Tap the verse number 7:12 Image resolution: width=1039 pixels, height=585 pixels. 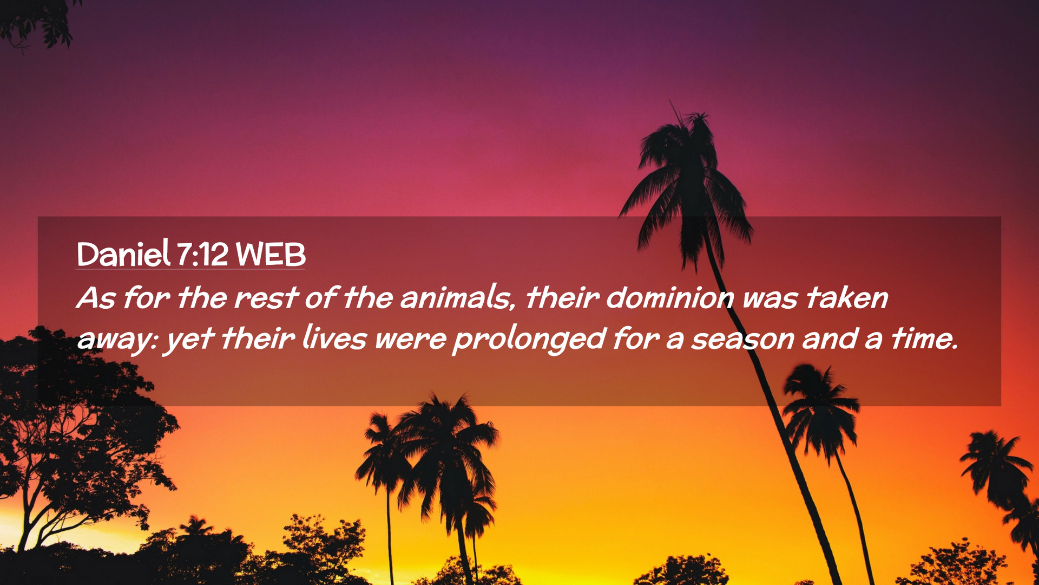202,254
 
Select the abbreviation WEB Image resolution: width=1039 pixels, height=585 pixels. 271,254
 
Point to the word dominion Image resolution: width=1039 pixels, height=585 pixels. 670,297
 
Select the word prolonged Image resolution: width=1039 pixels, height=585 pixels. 529,340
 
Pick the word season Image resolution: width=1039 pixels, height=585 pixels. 742,340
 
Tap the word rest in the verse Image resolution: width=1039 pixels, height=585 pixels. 266,297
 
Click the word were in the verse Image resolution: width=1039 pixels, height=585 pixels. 410,340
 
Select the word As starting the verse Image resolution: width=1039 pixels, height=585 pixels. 96,297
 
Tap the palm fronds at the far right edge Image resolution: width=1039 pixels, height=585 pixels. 1001,477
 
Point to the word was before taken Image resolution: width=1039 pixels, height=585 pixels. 770,298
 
